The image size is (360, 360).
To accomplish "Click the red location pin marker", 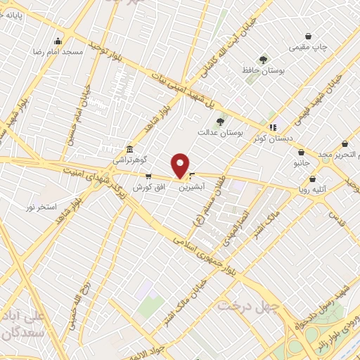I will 181,165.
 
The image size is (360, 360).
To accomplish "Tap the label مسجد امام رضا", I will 48,52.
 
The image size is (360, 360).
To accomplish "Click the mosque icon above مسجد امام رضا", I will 58,40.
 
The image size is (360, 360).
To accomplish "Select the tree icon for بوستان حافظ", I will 263,60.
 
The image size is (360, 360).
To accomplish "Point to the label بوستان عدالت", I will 219,131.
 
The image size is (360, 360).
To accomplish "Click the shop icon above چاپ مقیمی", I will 308,37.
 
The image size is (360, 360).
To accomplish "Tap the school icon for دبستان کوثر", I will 272,117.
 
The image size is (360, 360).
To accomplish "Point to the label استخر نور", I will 40,207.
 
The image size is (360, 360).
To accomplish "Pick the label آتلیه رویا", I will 314,189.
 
